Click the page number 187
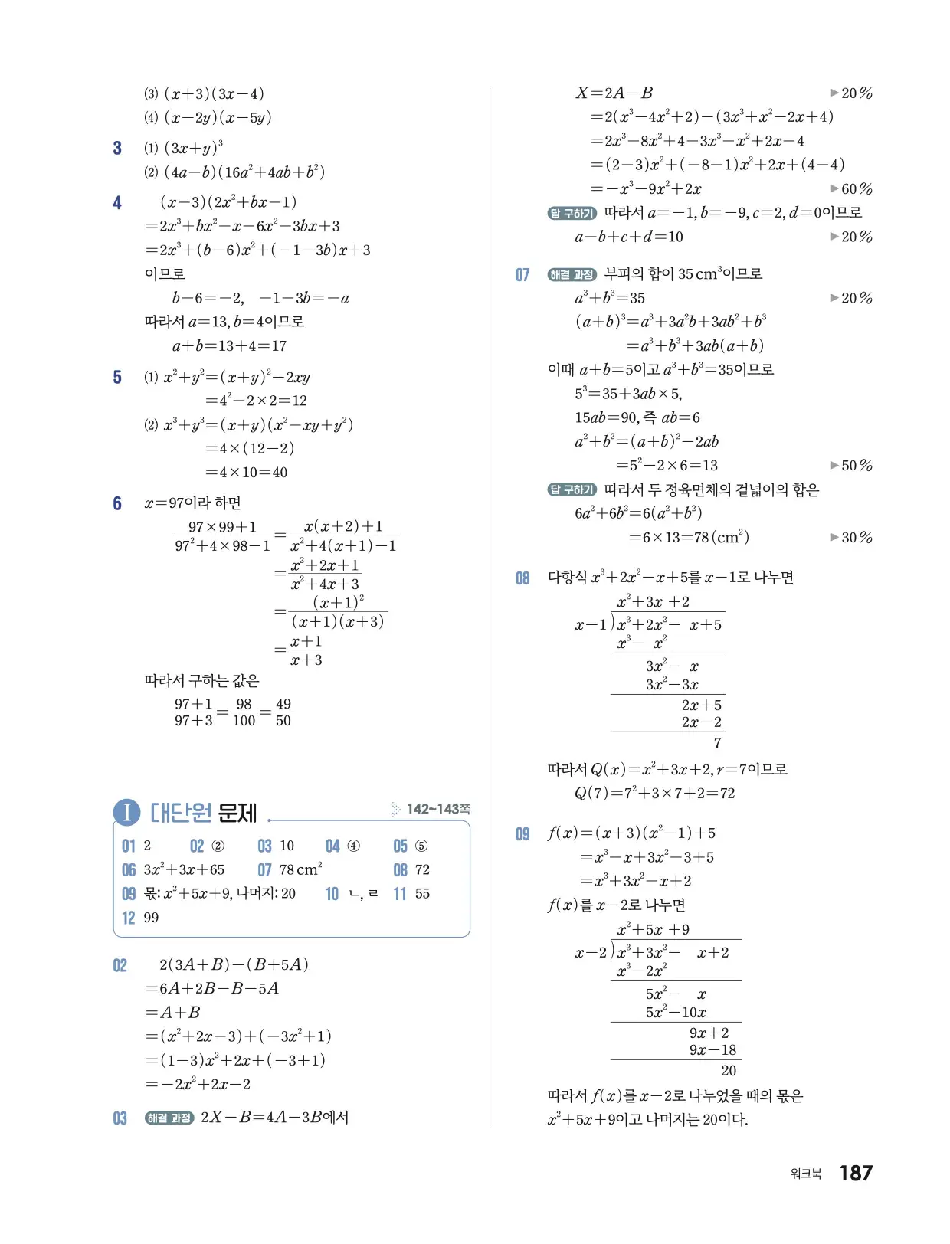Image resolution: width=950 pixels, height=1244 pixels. (855, 1173)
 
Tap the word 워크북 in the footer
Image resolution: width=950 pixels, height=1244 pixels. (805, 1174)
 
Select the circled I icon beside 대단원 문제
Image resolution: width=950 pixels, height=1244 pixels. (126, 812)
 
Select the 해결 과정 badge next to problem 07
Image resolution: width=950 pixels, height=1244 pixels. (572, 274)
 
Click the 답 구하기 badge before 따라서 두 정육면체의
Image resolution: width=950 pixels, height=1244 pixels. (572, 489)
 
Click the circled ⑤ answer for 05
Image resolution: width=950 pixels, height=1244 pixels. (421, 846)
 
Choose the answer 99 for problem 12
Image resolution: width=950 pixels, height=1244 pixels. (151, 917)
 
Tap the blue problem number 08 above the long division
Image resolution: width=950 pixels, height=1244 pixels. (522, 578)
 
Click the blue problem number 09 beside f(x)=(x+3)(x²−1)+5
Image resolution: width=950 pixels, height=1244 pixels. (522, 833)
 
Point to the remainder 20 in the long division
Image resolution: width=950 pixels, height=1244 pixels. (728, 1070)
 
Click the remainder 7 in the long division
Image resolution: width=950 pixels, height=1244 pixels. (717, 742)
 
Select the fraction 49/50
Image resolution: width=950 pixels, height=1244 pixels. (283, 712)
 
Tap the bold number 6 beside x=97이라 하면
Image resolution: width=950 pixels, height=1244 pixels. (117, 503)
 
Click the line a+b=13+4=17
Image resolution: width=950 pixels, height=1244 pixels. (229, 345)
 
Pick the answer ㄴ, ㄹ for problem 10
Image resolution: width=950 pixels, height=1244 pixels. (363, 893)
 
